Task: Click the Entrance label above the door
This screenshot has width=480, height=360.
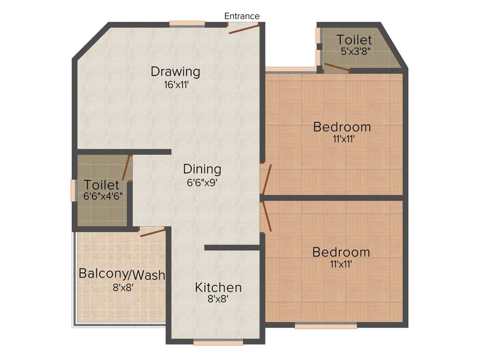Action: [x=242, y=16]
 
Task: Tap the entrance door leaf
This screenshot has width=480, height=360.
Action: [x=244, y=29]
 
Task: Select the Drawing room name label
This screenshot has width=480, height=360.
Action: [x=175, y=72]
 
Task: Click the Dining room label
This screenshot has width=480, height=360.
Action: [x=202, y=169]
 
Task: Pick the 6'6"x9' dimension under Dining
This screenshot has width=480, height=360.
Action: [x=202, y=182]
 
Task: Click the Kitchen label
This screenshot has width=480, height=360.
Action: [x=218, y=287]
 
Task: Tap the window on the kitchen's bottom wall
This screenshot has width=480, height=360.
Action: [x=218, y=343]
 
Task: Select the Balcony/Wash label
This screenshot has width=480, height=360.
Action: [x=122, y=274]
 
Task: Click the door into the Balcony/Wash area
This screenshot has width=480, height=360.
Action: [x=153, y=232]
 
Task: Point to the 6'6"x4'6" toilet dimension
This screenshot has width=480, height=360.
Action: [x=103, y=196]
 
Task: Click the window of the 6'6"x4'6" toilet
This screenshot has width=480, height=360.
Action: [x=73, y=190]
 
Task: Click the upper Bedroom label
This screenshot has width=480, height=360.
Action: [x=342, y=127]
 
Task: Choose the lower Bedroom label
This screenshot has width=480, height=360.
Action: [x=341, y=252]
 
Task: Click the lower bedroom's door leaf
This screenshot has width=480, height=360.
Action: [x=267, y=216]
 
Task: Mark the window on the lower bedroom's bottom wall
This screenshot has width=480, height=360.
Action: [x=326, y=326]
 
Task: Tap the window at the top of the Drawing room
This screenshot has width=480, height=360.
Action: [x=187, y=23]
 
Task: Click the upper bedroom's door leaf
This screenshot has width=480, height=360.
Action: [x=267, y=180]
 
